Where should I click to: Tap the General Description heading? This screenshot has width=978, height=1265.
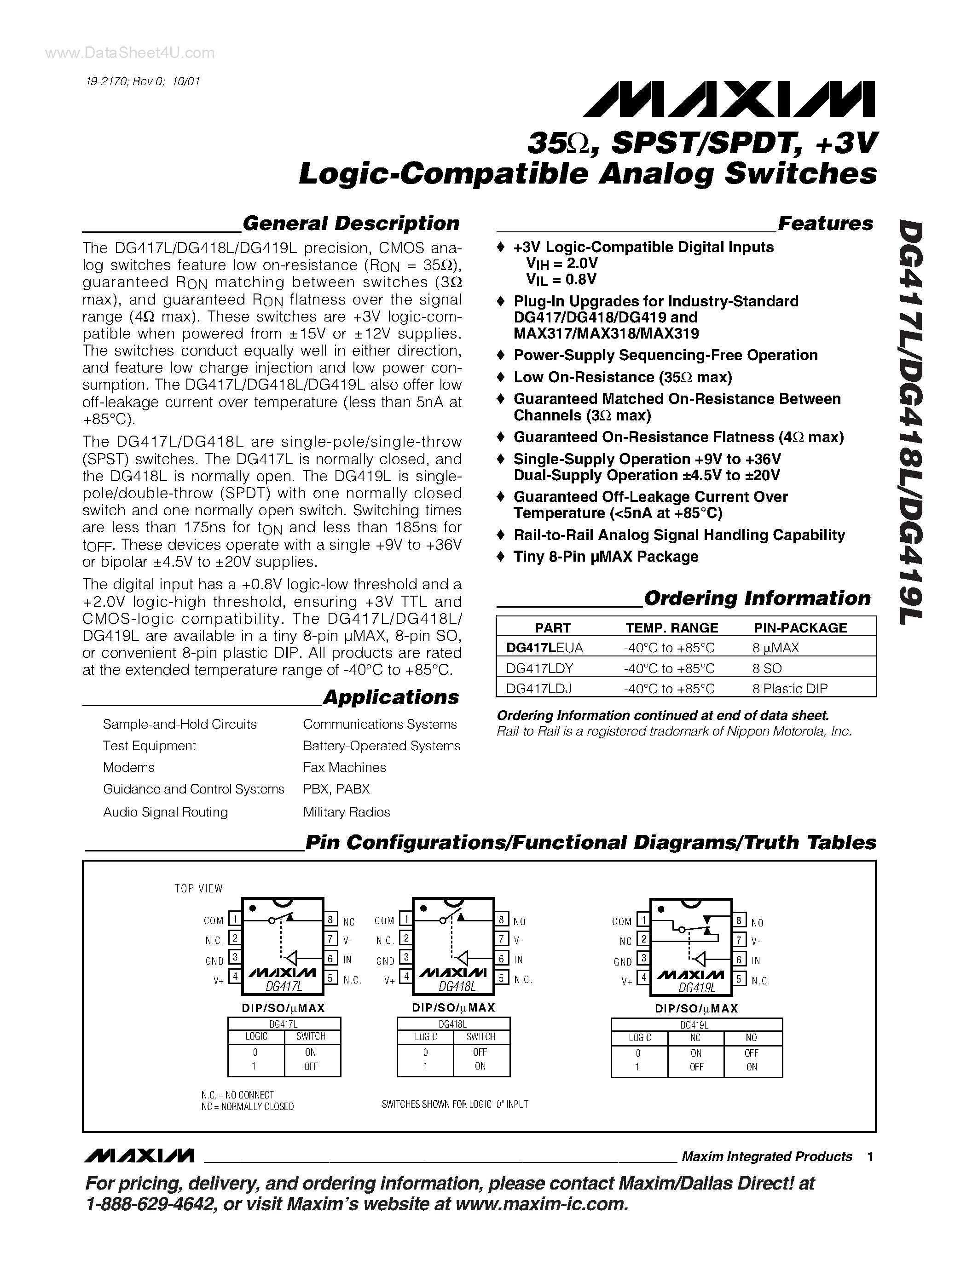(351, 223)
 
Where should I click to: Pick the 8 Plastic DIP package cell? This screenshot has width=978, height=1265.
(790, 689)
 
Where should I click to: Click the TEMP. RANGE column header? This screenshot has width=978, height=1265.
(671, 627)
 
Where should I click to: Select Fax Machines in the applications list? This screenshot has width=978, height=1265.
(344, 767)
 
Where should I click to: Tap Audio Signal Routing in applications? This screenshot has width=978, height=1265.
(165, 812)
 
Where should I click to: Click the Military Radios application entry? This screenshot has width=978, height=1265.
(347, 812)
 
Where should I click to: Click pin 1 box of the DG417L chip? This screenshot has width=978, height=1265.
(235, 919)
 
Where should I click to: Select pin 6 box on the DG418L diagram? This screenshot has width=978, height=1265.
(502, 959)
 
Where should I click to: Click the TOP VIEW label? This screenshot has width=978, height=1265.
(198, 889)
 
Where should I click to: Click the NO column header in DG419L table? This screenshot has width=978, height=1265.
(752, 1038)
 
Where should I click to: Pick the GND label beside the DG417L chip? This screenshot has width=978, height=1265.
(214, 961)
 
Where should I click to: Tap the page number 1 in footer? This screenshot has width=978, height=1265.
(870, 1157)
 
